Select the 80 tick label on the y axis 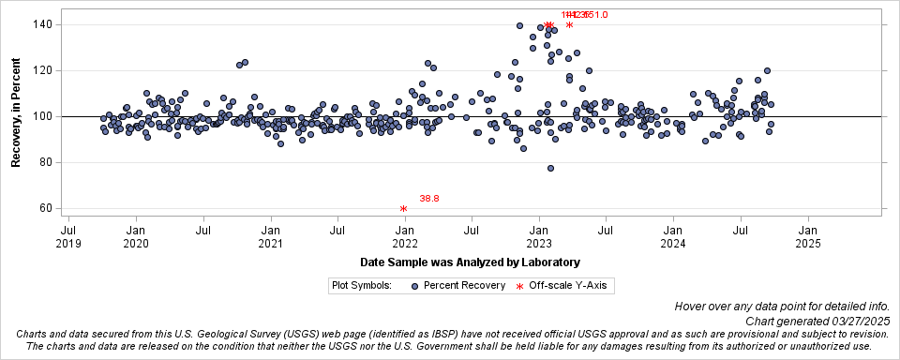click(42, 163)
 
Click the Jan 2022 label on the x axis click(404, 236)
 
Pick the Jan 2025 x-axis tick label click(807, 236)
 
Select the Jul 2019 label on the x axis click(68, 236)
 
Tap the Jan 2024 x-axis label click(673, 236)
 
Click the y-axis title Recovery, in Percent click(16, 116)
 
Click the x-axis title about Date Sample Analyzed click(469, 262)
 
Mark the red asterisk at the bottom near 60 click(403, 209)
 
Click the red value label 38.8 click(429, 199)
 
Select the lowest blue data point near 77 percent click(550, 169)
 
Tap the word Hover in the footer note click(692, 307)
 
